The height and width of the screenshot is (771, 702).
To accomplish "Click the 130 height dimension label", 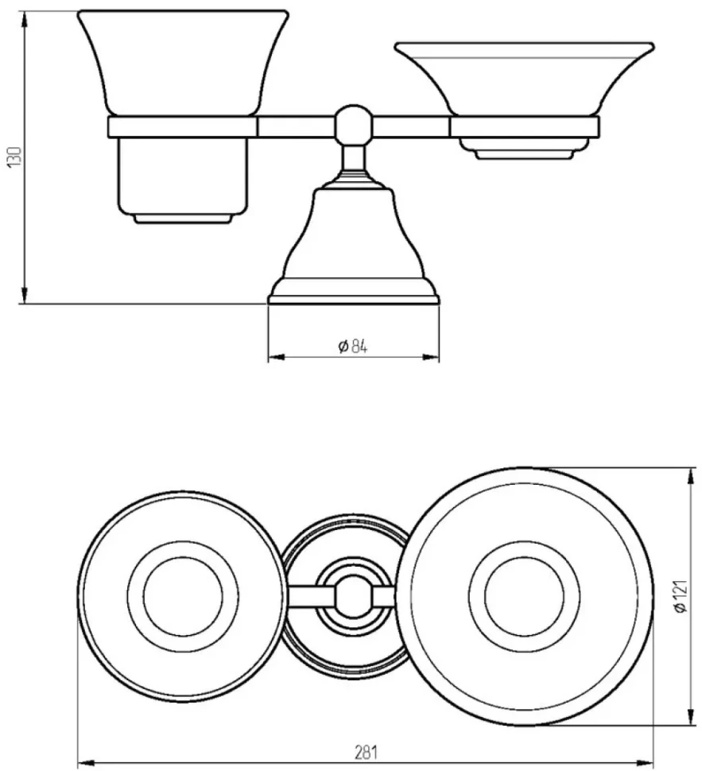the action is (14, 157).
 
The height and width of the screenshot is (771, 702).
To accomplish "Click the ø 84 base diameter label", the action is (352, 347).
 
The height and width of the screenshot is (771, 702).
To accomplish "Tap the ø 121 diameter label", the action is (680, 596).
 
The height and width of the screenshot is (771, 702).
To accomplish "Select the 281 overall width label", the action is (366, 752).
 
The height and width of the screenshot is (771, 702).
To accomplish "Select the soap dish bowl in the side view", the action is (524, 80).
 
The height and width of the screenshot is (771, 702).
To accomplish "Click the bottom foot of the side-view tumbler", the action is (183, 219).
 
